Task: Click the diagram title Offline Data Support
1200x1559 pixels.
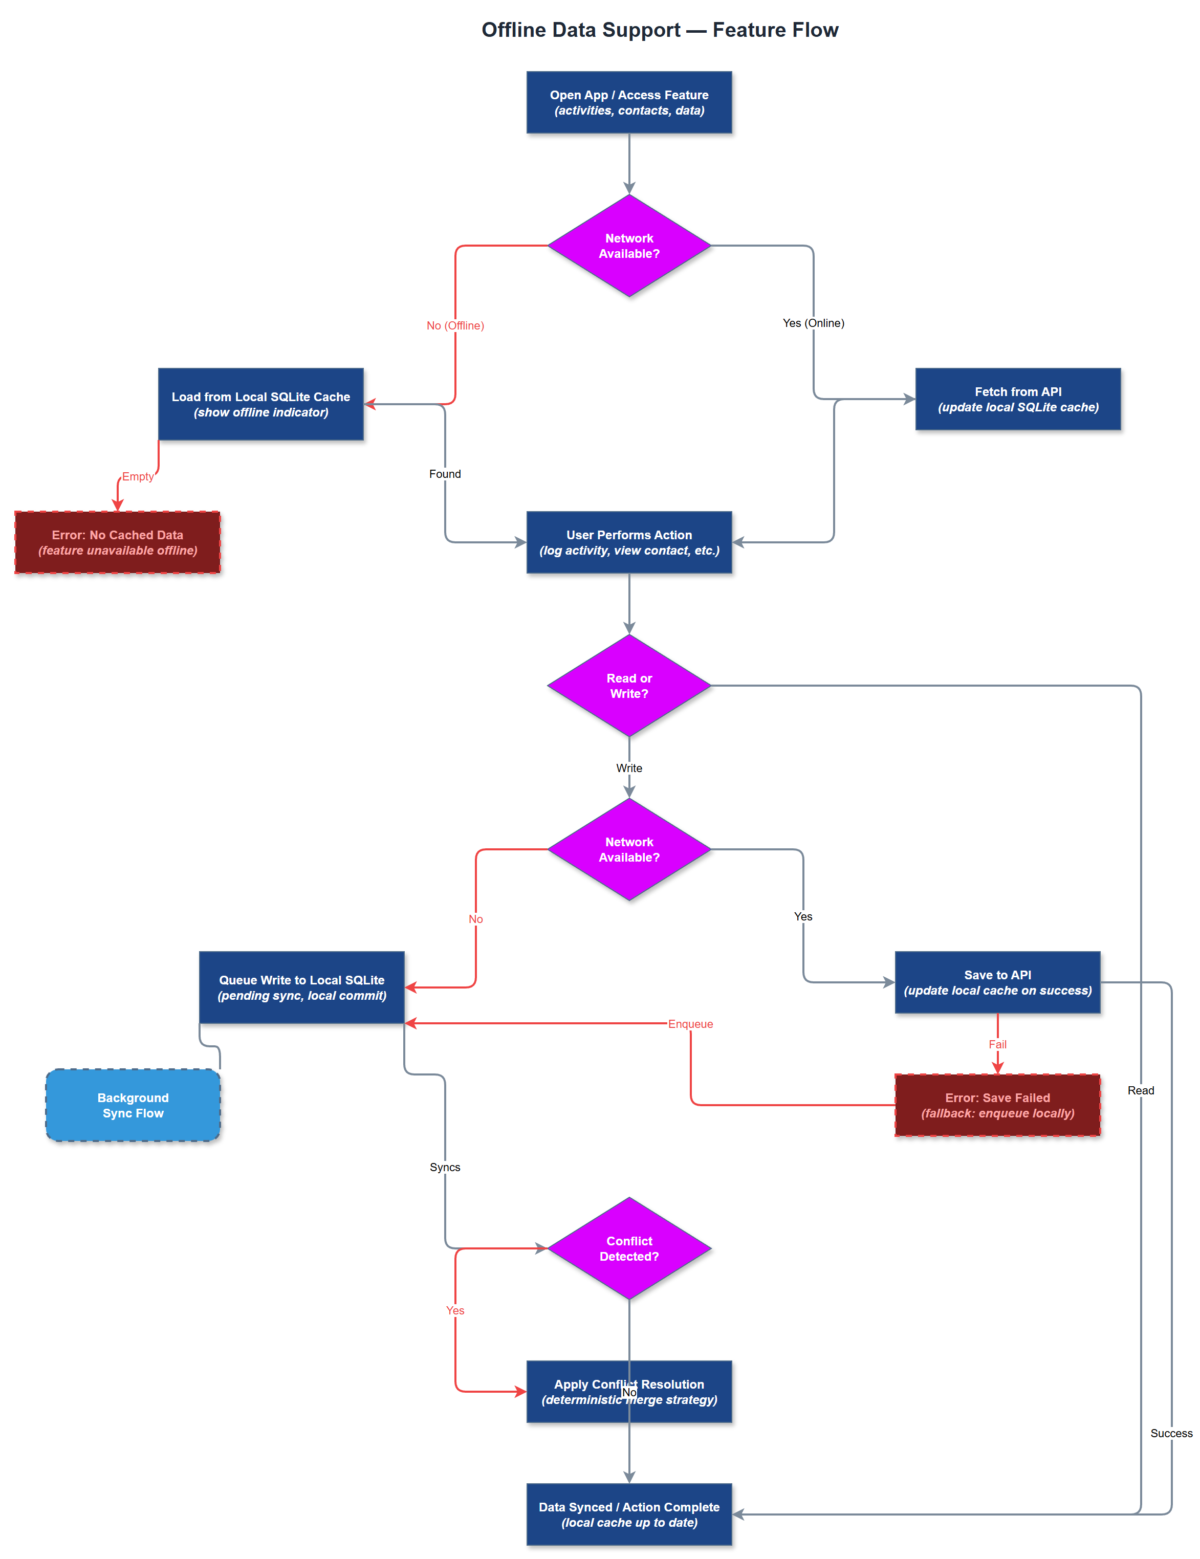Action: pos(659,30)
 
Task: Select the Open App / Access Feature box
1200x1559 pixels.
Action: pos(629,102)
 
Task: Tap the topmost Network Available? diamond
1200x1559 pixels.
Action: pos(629,246)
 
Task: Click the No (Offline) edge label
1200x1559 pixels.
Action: pos(455,325)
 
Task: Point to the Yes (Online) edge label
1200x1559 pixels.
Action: pos(813,323)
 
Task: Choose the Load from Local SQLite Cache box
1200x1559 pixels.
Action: pos(260,404)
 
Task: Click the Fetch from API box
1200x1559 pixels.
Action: pos(1017,399)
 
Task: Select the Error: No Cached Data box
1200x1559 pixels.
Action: pos(117,542)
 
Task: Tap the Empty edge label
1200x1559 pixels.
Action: pos(137,476)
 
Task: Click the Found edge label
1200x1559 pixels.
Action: pos(445,474)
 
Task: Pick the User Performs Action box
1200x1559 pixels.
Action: pos(629,542)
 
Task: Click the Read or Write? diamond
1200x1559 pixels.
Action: pos(629,685)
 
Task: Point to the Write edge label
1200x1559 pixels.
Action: pos(629,768)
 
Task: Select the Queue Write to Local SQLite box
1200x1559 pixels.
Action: pos(301,987)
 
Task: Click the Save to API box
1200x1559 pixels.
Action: pos(997,982)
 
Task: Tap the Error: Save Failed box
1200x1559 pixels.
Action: pos(997,1105)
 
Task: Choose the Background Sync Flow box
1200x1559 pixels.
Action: pos(133,1105)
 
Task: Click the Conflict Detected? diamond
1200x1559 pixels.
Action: pos(629,1248)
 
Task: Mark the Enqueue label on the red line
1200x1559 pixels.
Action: pos(690,1024)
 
